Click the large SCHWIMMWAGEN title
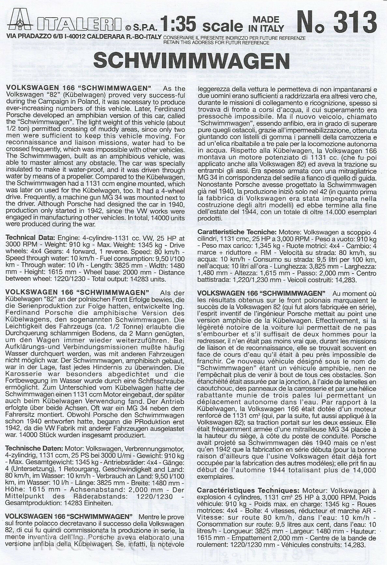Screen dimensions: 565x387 192,61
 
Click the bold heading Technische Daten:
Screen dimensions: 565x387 32,448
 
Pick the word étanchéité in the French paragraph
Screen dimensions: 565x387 213,382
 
